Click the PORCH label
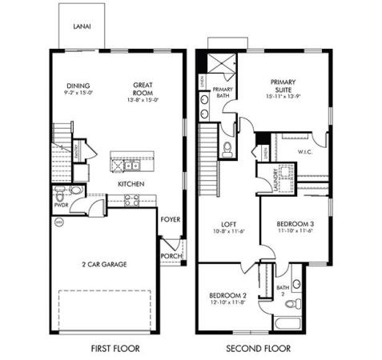coord(170,256)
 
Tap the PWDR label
coord(61,204)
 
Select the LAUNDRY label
coord(275,178)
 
